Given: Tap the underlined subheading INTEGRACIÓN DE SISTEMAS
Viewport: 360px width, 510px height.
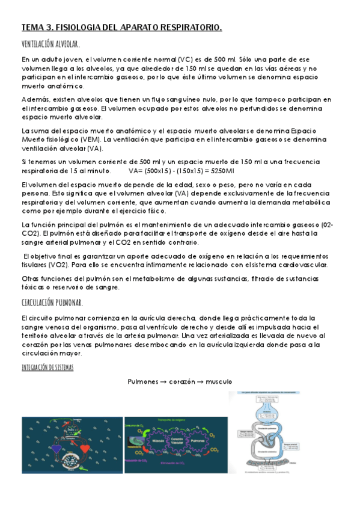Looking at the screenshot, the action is click(x=47, y=367).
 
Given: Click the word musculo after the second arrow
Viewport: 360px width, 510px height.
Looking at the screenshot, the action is click(x=217, y=382).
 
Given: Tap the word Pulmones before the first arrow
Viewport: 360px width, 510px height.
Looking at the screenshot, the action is click(x=144, y=382).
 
